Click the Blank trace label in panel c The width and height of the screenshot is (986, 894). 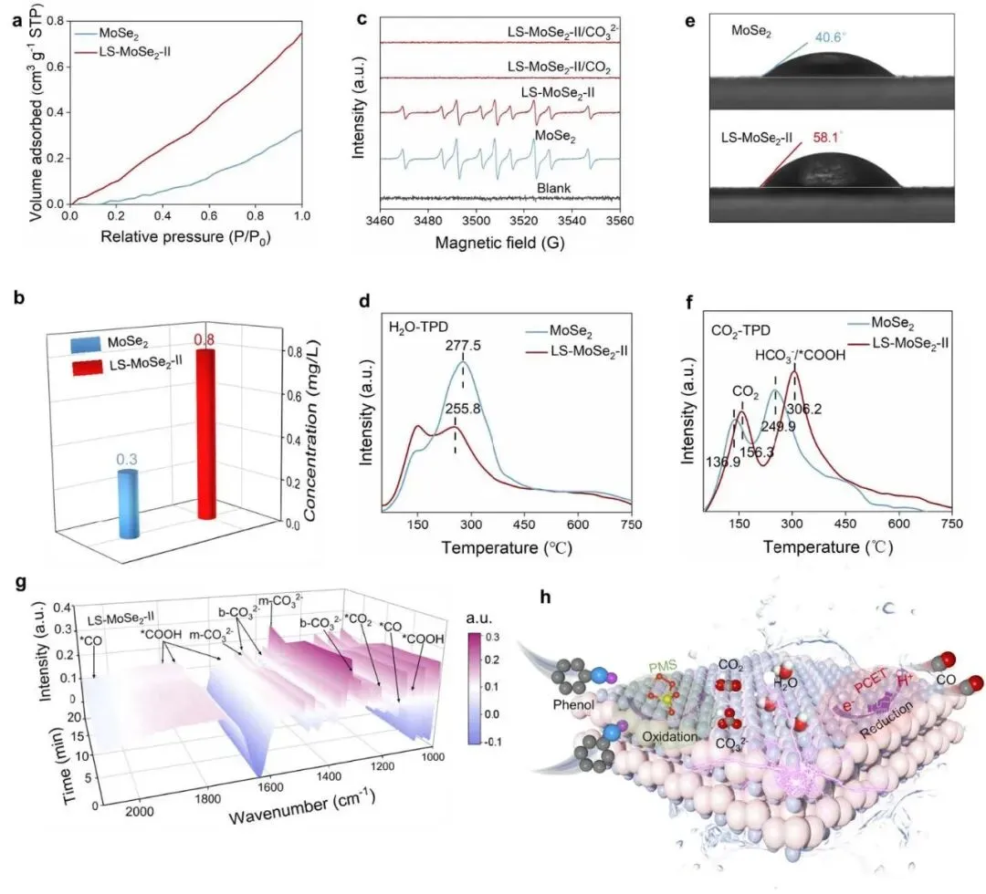(553, 188)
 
